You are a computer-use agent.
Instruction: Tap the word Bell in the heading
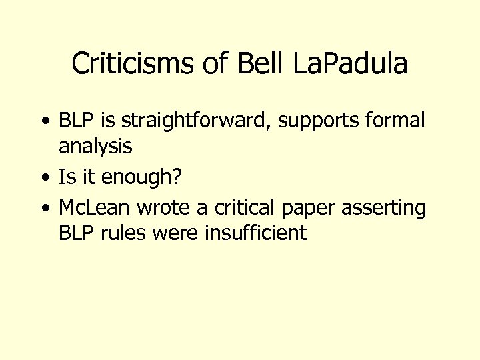tap(249, 64)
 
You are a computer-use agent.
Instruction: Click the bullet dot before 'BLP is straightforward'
tap(44, 121)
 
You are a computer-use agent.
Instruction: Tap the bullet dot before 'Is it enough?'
tap(44, 178)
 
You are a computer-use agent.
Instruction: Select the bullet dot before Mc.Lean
tap(44, 208)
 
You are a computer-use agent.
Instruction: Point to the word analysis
tap(95, 145)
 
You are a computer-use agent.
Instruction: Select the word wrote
tap(161, 208)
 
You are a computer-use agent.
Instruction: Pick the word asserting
tap(383, 208)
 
